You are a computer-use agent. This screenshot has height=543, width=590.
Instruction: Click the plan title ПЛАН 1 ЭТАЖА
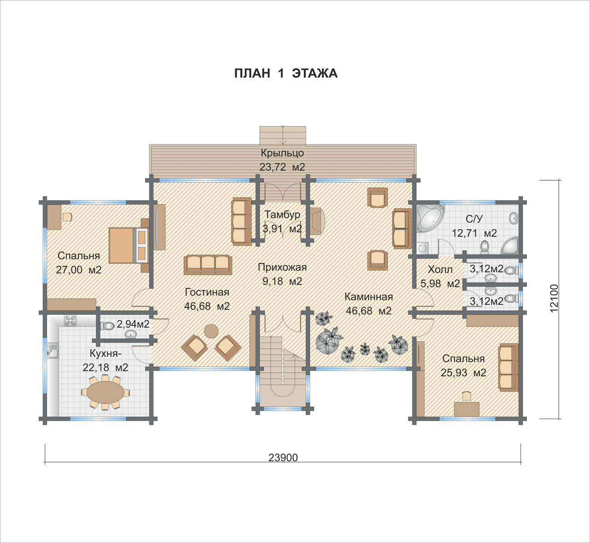[286, 73]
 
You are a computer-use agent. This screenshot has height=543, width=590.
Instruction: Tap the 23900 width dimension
[283, 458]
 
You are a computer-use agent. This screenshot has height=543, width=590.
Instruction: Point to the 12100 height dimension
[554, 299]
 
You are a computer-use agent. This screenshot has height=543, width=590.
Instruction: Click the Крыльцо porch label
[282, 153]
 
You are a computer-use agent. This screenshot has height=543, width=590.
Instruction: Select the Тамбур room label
[282, 214]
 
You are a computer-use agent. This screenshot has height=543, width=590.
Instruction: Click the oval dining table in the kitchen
[106, 392]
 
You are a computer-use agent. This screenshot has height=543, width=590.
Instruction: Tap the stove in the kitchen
[70, 320]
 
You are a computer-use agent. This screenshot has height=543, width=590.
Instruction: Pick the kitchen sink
[53, 351]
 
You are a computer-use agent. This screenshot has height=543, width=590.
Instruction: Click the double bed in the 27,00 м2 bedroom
[128, 245]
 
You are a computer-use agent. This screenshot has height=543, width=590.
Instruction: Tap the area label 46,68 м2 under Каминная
[369, 311]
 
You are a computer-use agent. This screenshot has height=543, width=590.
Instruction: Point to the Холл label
[440, 270]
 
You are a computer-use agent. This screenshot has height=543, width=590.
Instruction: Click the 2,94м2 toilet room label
[133, 324]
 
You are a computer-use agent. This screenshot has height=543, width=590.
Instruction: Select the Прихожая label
[282, 267]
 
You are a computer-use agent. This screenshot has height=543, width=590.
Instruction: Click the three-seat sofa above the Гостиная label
[208, 265]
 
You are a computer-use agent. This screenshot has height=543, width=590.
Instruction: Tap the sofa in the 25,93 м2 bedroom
[508, 367]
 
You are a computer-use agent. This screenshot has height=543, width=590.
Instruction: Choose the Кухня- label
[106, 354]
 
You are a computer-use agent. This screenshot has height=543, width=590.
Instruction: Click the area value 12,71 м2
[474, 233]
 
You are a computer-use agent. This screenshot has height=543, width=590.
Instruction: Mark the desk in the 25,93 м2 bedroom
[466, 409]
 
